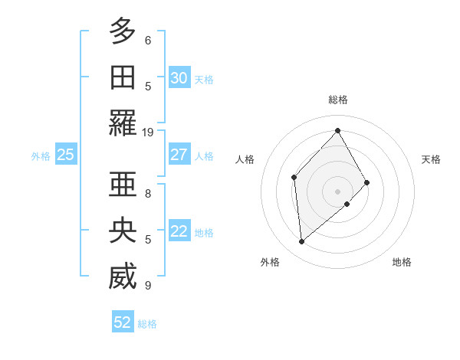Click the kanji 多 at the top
point(123,31)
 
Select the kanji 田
point(123,77)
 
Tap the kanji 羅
point(123,123)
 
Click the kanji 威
point(123,277)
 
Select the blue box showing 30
point(179,77)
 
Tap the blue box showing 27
point(179,155)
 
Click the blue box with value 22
point(179,231)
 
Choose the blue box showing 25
point(65,155)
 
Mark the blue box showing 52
point(123,322)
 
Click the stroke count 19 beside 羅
point(148,133)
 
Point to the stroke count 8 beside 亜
point(148,193)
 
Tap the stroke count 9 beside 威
point(148,286)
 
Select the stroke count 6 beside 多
point(148,40)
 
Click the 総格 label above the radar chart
point(337,100)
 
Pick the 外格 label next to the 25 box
point(41,155)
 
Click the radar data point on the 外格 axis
point(302,242)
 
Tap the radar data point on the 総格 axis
point(337,130)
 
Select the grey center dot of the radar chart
point(337,190)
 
